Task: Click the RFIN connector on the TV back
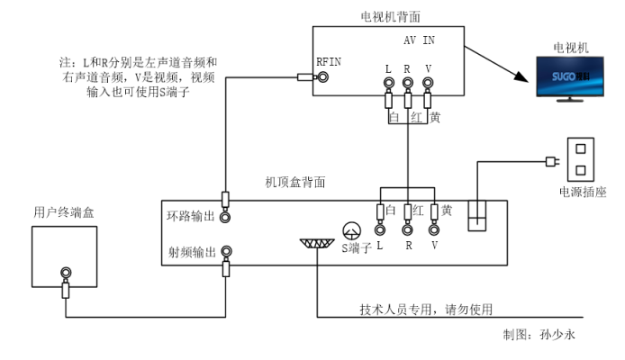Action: coord(320,77)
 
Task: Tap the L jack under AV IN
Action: coord(388,85)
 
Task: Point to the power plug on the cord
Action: coord(548,163)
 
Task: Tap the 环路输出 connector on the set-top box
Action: coord(226,217)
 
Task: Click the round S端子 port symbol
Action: coord(351,230)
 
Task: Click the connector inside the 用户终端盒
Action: coord(66,273)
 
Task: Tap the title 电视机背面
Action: coord(388,16)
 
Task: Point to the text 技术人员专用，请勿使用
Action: coord(427,310)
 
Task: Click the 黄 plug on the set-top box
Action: coord(436,211)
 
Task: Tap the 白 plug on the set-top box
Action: coord(379,211)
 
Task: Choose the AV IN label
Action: coord(418,41)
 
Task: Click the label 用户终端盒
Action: coord(62,212)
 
